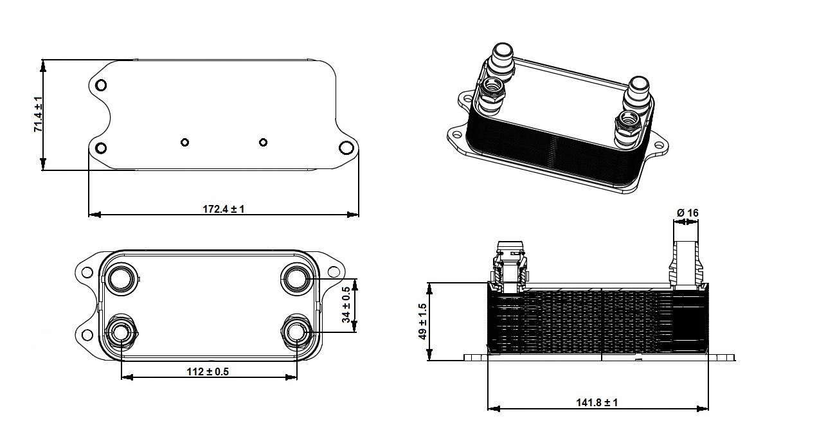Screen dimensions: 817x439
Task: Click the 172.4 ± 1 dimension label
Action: click(223, 209)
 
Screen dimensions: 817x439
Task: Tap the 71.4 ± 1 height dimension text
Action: click(39, 114)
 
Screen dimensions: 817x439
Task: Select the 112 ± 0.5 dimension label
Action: click(208, 372)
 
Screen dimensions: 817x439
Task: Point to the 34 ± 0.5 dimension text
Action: click(346, 305)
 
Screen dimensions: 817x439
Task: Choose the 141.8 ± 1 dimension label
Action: click(597, 402)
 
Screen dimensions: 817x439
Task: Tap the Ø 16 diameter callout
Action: click(687, 213)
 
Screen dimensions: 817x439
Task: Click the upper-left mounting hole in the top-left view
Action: click(101, 85)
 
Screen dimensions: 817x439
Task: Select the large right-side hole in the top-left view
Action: click(346, 148)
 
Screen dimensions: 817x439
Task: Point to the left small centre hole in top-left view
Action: click(185, 142)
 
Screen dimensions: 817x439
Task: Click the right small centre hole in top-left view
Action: click(263, 142)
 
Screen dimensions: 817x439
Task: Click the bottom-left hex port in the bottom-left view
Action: click(121, 333)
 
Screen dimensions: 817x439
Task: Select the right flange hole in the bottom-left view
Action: click(334, 272)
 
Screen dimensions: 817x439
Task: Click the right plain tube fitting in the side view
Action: click(686, 264)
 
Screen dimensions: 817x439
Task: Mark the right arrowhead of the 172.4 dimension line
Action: click(353, 215)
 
